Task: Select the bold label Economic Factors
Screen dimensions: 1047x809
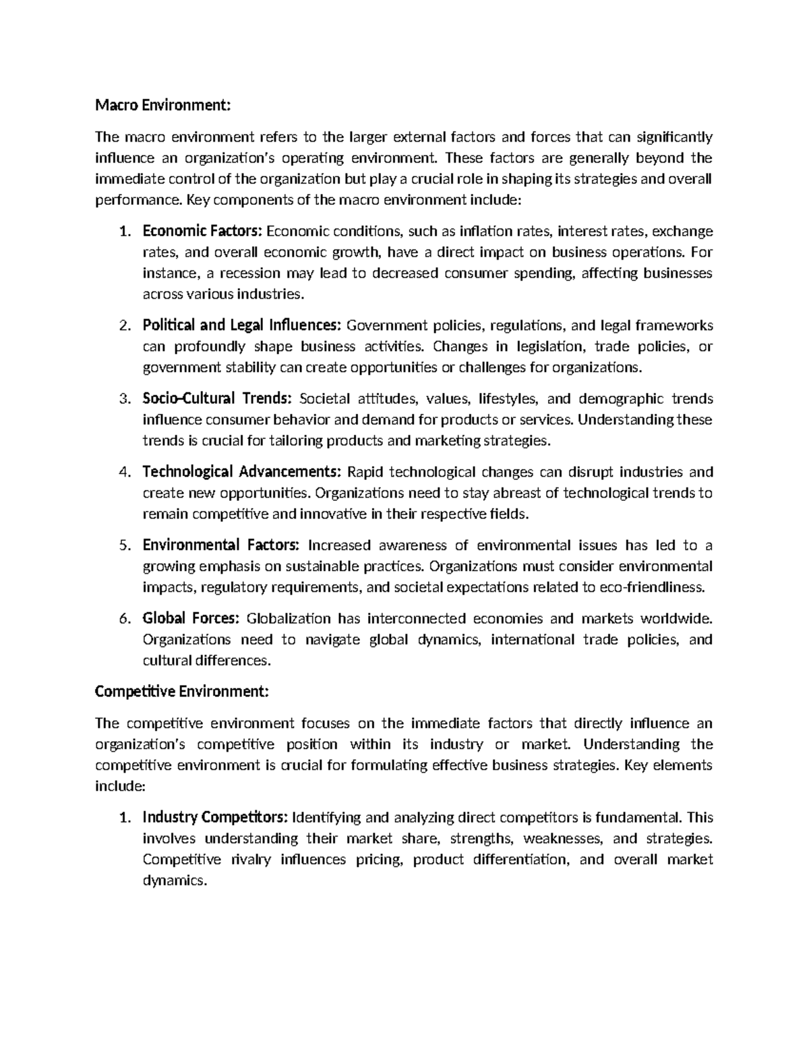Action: pyautogui.click(x=202, y=231)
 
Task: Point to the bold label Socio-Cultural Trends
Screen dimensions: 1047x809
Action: pyautogui.click(x=217, y=398)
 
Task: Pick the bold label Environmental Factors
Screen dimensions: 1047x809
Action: pyautogui.click(x=221, y=545)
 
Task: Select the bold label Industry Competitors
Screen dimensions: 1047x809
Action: pyautogui.click(x=215, y=817)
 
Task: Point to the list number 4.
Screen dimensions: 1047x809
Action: pyautogui.click(x=123, y=471)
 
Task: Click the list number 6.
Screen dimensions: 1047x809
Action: pyautogui.click(x=123, y=618)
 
